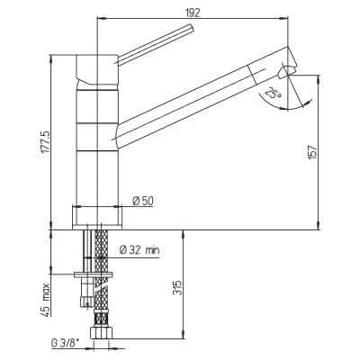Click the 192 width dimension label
tap(193, 13)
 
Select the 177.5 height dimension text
tap(47, 143)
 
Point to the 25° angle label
tap(274, 94)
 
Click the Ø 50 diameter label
tap(143, 201)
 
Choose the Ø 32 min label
tap(139, 249)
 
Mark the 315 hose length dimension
tap(179, 288)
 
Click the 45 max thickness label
tap(46, 298)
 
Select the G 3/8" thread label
tap(66, 344)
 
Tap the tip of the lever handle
tap(193, 28)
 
